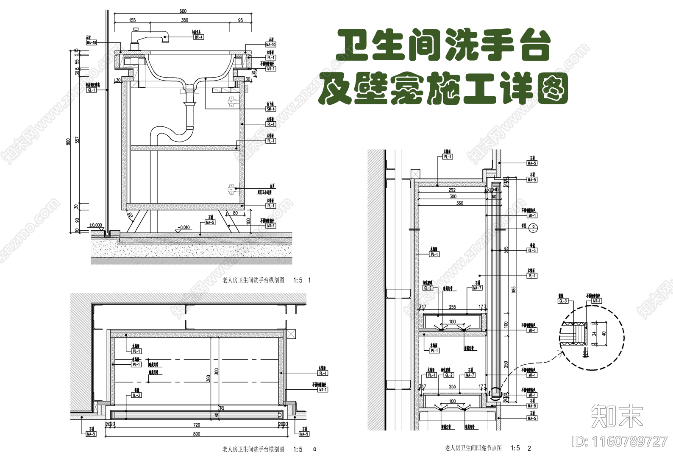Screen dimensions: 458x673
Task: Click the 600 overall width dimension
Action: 183,11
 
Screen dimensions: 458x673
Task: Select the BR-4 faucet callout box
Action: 199,37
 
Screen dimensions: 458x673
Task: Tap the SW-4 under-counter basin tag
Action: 271,109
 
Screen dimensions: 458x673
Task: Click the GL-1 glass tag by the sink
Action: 92,90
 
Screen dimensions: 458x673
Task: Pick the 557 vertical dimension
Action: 77,140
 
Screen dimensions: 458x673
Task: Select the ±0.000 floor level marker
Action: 95,225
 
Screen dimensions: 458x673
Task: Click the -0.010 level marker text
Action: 184,227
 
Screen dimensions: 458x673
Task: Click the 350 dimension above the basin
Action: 185,20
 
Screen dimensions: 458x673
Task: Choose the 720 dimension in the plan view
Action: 197,424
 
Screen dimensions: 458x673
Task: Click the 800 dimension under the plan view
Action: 197,434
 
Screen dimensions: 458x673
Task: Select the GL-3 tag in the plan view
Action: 136,395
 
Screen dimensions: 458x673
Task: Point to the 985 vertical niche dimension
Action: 514,290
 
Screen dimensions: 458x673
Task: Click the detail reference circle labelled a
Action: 534,228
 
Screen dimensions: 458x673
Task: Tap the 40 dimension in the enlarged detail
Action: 604,333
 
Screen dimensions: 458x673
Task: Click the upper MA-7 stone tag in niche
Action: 477,288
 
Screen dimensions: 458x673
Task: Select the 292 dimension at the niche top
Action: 452,190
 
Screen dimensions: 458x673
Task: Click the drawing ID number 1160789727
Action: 620,442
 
